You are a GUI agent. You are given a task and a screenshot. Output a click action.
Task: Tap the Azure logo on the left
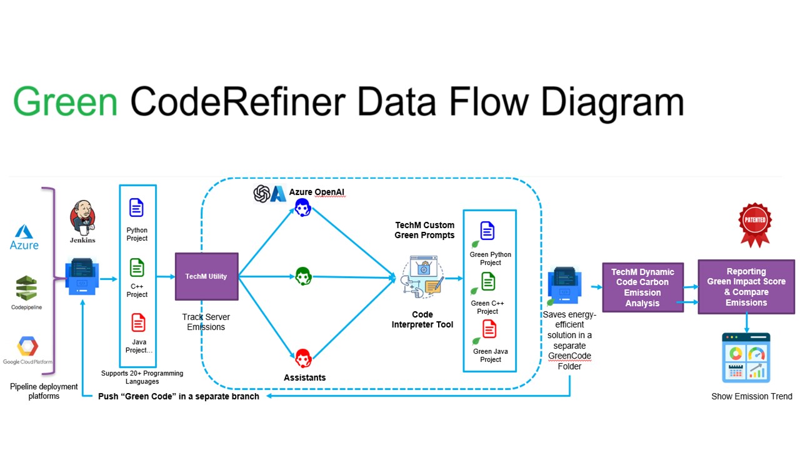[x=24, y=237]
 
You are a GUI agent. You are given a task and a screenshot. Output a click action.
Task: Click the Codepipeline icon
[x=26, y=289]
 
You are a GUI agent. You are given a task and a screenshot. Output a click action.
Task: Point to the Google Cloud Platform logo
[x=27, y=348]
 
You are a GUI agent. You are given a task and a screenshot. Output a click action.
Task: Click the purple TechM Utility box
[x=206, y=276]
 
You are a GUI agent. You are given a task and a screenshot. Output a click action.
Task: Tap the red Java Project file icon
[x=138, y=322]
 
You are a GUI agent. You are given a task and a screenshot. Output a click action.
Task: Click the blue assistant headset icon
[x=303, y=207]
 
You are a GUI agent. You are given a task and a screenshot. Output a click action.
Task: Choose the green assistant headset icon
[x=303, y=276]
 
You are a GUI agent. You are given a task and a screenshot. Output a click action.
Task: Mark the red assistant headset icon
[x=303, y=357]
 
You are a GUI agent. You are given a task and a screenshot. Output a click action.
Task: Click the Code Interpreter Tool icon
[x=422, y=277]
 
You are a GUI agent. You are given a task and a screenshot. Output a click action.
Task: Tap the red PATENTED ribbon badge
[x=755, y=223]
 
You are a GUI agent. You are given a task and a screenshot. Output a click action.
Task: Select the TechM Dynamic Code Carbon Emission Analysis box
[x=642, y=287]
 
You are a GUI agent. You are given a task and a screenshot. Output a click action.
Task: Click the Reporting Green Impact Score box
[x=746, y=287]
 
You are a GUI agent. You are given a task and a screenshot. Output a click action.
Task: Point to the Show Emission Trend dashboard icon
[x=746, y=358]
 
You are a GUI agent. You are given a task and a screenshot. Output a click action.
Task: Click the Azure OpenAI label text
[x=316, y=192]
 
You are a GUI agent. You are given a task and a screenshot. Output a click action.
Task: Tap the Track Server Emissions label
[x=206, y=322]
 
